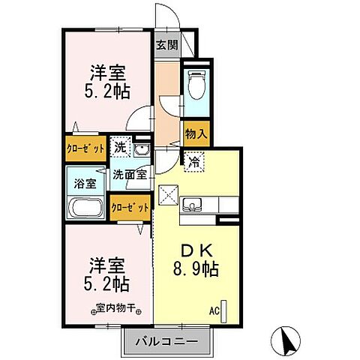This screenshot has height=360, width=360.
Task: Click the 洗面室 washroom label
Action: point(133,174)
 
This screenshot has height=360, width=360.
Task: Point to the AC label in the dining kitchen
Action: point(214,309)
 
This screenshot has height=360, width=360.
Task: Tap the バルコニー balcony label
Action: point(166,342)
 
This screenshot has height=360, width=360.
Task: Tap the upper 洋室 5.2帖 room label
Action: point(109,82)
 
